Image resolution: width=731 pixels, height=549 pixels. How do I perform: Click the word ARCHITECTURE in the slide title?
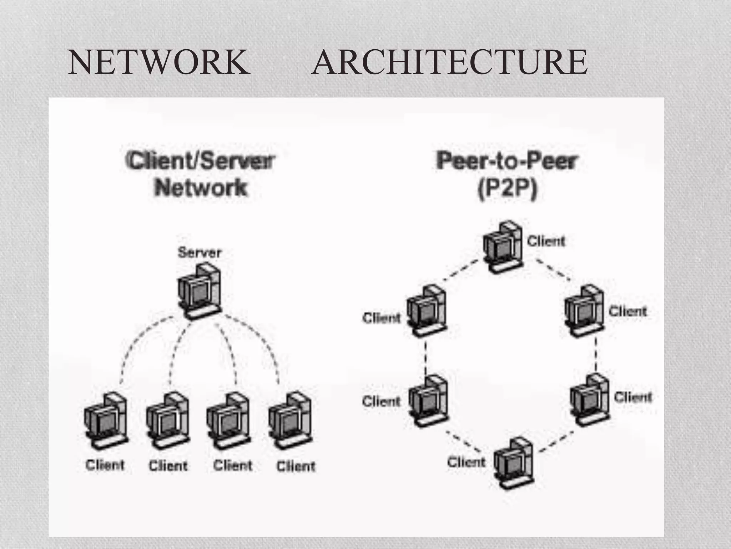pos(449,63)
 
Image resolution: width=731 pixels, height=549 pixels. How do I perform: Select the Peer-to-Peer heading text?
pos(506,160)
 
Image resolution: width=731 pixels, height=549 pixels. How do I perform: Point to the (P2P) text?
pos(507,189)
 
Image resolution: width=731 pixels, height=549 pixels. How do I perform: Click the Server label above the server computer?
pos(200,253)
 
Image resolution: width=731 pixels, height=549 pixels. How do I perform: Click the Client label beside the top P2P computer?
pos(546,241)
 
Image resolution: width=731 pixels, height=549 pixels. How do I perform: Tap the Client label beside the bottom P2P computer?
pos(466,462)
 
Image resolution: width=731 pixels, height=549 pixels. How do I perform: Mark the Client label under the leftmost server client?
pos(105,465)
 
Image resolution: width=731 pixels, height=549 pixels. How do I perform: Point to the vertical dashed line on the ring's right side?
pos(596,354)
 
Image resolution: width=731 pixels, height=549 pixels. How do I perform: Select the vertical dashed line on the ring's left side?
pos(426,358)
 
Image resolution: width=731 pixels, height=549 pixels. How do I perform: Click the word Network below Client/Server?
pos(201,188)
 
